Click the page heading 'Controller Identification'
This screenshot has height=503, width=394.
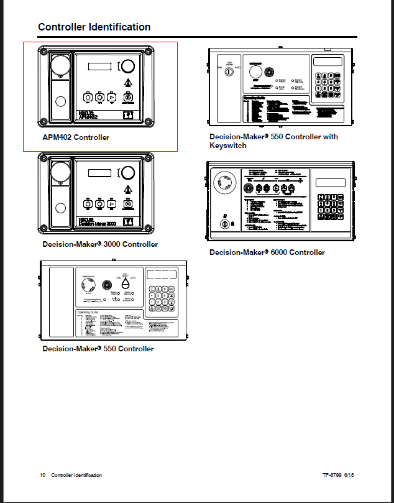click(x=94, y=27)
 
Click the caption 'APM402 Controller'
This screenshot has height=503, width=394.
click(x=75, y=137)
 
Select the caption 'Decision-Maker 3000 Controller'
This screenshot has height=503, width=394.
click(x=100, y=244)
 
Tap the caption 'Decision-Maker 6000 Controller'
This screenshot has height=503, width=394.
click(x=267, y=252)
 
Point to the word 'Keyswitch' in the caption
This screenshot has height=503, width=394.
click(x=227, y=145)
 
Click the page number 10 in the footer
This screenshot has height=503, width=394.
click(x=43, y=475)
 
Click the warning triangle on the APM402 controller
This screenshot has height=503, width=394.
click(x=127, y=83)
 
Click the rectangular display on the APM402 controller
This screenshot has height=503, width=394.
click(x=99, y=67)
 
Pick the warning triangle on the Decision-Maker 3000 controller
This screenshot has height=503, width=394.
click(x=127, y=189)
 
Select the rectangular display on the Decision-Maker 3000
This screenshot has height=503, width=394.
click(x=99, y=173)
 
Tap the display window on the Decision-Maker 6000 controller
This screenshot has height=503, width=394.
click(x=331, y=183)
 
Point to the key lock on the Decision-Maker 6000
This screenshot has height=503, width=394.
click(x=224, y=222)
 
